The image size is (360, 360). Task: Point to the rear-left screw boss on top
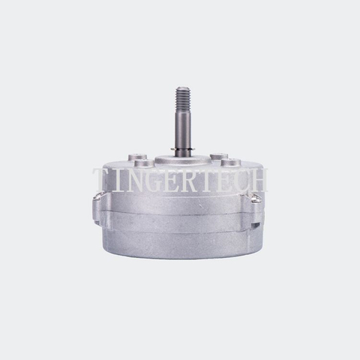coord(136,157)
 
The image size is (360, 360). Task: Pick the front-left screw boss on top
coord(144,163)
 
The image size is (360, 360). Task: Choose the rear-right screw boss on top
coord(219,156)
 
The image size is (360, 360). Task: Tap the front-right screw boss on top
coord(231,162)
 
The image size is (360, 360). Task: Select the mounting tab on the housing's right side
coord(257,199)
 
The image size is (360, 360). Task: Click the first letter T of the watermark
coord(101,180)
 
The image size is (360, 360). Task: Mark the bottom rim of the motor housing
coord(180,254)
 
